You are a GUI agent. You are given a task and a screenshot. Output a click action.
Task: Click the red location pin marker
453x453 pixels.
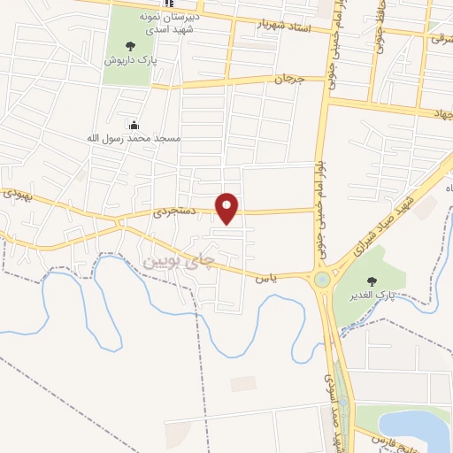tap(228, 207)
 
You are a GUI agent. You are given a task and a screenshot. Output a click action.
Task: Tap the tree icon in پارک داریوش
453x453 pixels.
tap(130, 45)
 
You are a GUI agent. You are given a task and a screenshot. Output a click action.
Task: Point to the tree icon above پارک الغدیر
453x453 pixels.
tap(383, 281)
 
